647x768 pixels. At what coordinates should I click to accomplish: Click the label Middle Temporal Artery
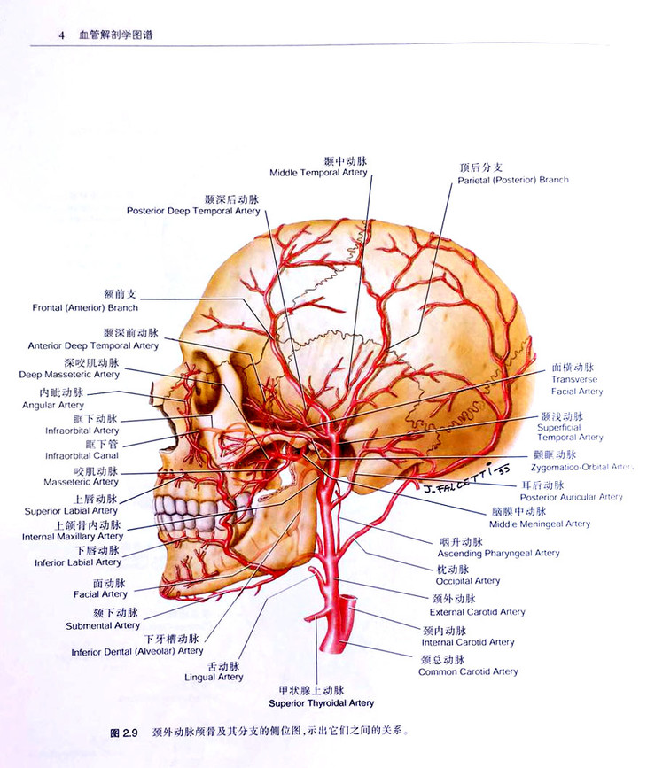tap(318, 172)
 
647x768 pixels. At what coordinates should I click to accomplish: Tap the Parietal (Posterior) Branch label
tap(513, 180)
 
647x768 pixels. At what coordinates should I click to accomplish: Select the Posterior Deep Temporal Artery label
tap(193, 211)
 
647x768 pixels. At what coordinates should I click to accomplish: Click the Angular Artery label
tap(53, 405)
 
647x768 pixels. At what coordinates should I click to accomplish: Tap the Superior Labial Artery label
tap(71, 510)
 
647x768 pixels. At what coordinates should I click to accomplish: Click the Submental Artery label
tap(103, 625)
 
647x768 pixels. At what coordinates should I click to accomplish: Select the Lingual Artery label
tap(213, 677)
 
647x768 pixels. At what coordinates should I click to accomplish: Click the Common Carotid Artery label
tap(468, 671)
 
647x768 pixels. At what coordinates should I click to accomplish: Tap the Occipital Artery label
tap(467, 581)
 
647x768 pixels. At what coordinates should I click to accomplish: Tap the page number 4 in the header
tap(61, 35)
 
